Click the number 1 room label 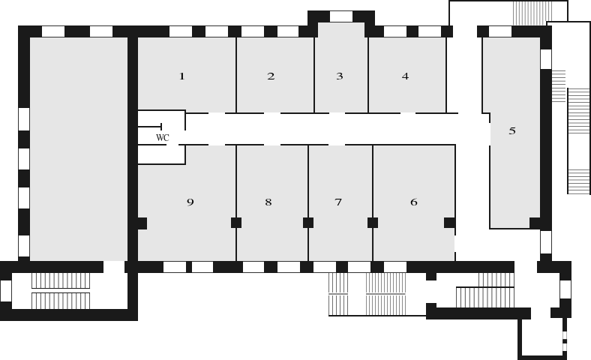point(182,76)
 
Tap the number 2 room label point(271,76)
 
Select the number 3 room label point(340,76)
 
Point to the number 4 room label point(405,76)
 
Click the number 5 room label point(512,131)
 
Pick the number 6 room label point(414,202)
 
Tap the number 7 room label point(338,202)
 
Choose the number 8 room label point(268,202)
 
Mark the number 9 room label point(190,202)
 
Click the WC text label point(163,138)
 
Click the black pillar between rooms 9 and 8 point(236,223)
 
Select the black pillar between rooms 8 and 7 point(308,223)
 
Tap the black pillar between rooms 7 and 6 point(373,223)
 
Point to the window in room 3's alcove point(341,16)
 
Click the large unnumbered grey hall point(79,149)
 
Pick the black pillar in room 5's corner point(535,223)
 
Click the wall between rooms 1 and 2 point(236,75)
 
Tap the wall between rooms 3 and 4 point(368,75)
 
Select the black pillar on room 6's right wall point(450,223)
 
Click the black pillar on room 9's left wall point(142,223)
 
